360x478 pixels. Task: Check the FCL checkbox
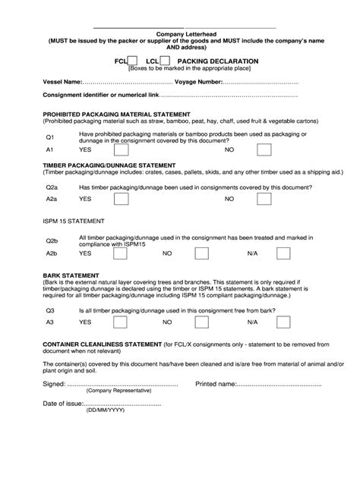click(x=132, y=60)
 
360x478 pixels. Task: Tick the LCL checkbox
click(x=164, y=60)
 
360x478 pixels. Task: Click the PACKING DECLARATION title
click(x=217, y=60)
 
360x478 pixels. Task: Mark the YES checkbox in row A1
click(x=120, y=151)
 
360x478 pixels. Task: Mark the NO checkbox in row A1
click(x=264, y=151)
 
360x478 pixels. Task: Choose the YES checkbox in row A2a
click(x=120, y=199)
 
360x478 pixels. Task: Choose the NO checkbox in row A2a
click(x=264, y=199)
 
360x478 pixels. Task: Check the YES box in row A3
click(x=120, y=323)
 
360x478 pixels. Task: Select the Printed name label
click(x=216, y=383)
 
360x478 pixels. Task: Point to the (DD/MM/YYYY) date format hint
click(x=105, y=410)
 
